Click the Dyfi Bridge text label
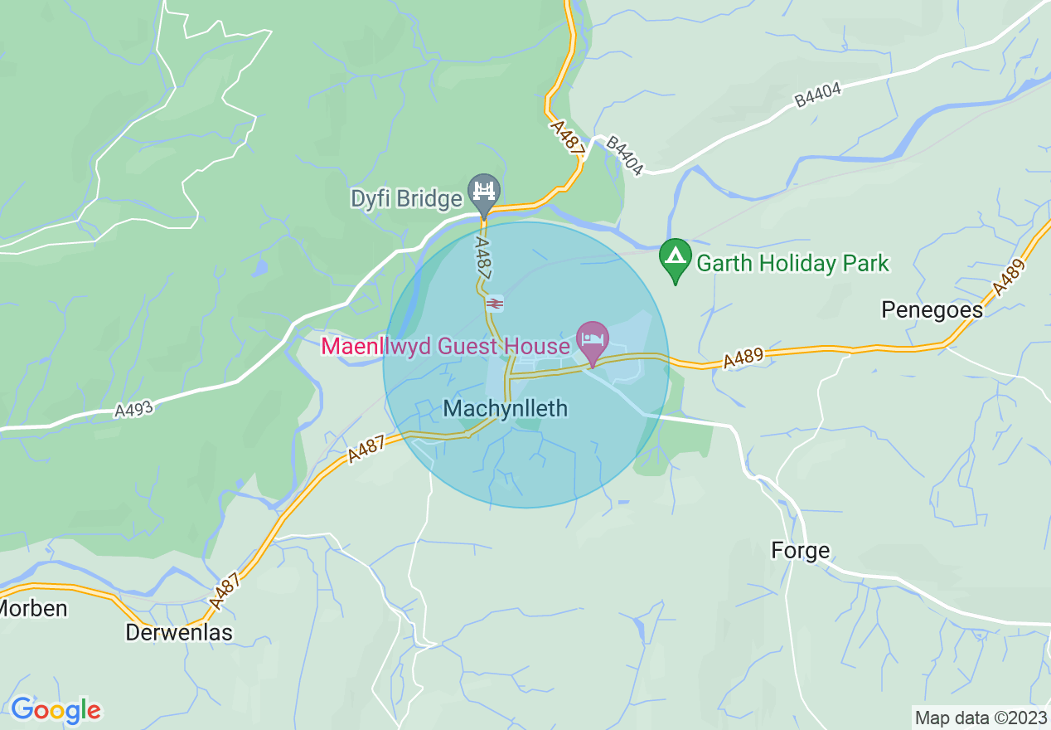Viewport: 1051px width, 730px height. click(406, 199)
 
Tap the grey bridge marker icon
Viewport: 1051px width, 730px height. click(483, 193)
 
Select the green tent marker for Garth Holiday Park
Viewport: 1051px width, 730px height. click(676, 258)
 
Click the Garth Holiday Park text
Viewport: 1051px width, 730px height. click(792, 264)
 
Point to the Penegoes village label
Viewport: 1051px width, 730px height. click(932, 310)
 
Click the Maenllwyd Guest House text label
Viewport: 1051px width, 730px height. click(445, 346)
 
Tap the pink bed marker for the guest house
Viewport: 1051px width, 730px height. click(592, 341)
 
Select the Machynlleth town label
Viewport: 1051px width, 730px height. click(506, 408)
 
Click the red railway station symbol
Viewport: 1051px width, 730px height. click(494, 304)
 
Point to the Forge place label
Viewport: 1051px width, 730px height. click(800, 551)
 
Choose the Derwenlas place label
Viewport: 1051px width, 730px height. click(179, 633)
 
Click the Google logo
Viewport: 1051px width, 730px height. click(56, 710)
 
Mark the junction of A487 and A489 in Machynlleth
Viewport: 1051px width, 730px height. click(508, 374)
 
